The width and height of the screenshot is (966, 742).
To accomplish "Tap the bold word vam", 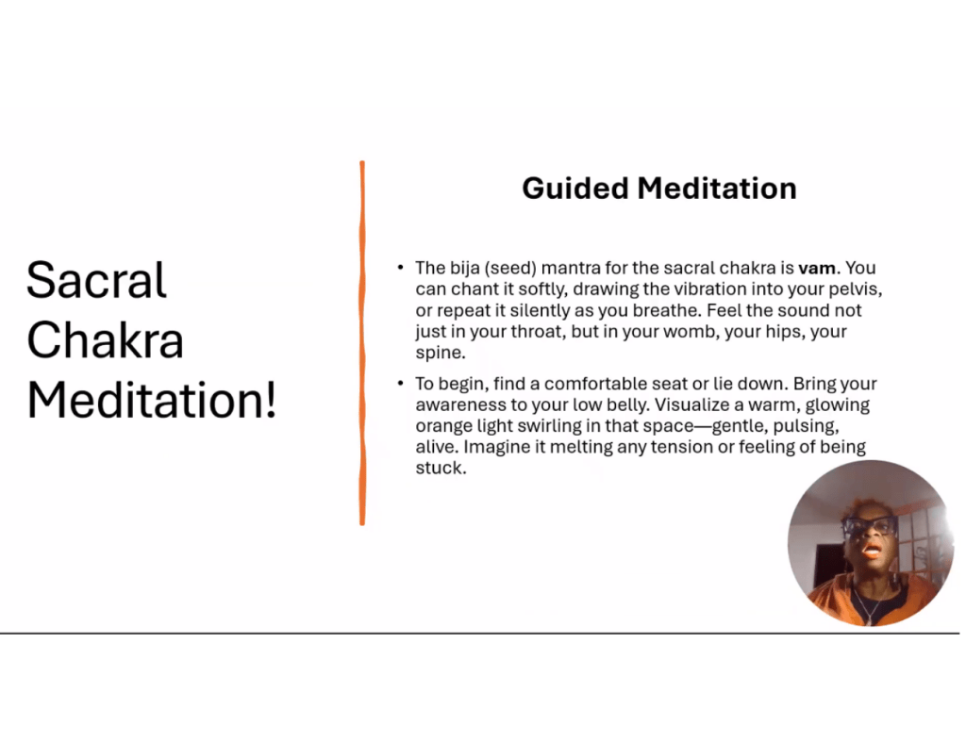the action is [x=818, y=269].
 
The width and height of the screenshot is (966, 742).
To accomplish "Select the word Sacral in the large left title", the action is [x=97, y=280].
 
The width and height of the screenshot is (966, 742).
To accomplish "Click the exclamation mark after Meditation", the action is [x=271, y=401].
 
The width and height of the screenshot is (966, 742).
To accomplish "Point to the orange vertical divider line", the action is [x=362, y=343].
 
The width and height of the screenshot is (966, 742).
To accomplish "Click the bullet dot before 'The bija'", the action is [x=400, y=267].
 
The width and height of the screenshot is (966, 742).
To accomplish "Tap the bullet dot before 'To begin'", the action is [x=400, y=383].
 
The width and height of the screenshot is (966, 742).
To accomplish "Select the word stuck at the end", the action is [x=441, y=468].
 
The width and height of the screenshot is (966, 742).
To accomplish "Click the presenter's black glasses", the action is [x=871, y=526].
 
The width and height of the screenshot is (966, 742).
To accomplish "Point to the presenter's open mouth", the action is [x=871, y=550].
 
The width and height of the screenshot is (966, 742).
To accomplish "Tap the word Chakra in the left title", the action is [x=106, y=340].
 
